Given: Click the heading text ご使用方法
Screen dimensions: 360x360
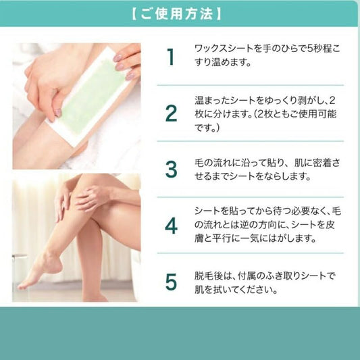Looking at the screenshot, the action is click(176, 14).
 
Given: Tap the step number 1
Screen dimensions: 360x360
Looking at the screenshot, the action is click(170, 57).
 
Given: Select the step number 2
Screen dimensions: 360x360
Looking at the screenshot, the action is click(172, 113).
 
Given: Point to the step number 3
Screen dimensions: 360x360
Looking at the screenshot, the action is click(172, 170).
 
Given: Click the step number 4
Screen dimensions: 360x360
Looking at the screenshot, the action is click(172, 226).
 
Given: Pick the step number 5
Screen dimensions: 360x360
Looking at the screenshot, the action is click(172, 282).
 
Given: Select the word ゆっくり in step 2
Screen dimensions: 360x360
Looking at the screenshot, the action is click(282, 101).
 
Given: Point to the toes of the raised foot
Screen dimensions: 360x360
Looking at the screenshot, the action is click(22, 286).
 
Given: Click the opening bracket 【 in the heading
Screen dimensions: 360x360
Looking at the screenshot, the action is click(135, 14).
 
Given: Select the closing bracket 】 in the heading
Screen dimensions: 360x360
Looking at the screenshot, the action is click(218, 14).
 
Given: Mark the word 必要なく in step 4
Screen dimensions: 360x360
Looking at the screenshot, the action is click(304, 211).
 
